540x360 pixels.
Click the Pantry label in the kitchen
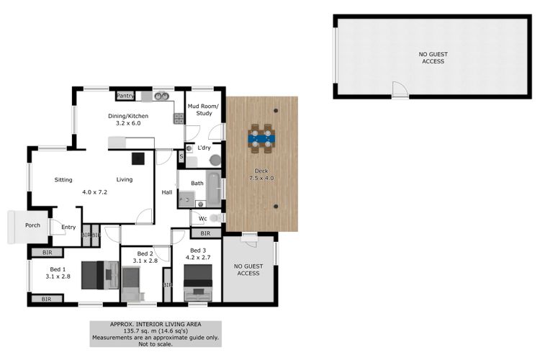(x=125, y=96)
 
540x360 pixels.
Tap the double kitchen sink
(x=161, y=96)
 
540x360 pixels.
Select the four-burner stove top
(x=179, y=119)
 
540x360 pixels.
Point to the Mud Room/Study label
(x=203, y=109)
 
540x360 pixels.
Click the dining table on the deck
(x=261, y=138)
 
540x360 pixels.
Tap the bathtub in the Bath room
(x=214, y=189)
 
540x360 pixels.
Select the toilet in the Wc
(x=216, y=218)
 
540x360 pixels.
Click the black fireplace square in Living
(x=138, y=158)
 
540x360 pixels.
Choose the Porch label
(x=32, y=225)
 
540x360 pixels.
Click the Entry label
(x=68, y=227)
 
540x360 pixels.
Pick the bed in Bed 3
(x=198, y=282)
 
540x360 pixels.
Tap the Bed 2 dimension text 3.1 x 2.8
(x=145, y=261)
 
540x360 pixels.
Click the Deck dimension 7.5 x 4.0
(x=261, y=178)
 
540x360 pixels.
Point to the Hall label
(x=167, y=192)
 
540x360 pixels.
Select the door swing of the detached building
(x=400, y=89)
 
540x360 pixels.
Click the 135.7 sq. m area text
(x=156, y=331)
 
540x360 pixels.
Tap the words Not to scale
(x=156, y=344)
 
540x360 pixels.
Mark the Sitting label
(x=63, y=180)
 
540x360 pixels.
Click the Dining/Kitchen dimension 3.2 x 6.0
(x=128, y=123)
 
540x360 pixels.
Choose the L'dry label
(x=204, y=148)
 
